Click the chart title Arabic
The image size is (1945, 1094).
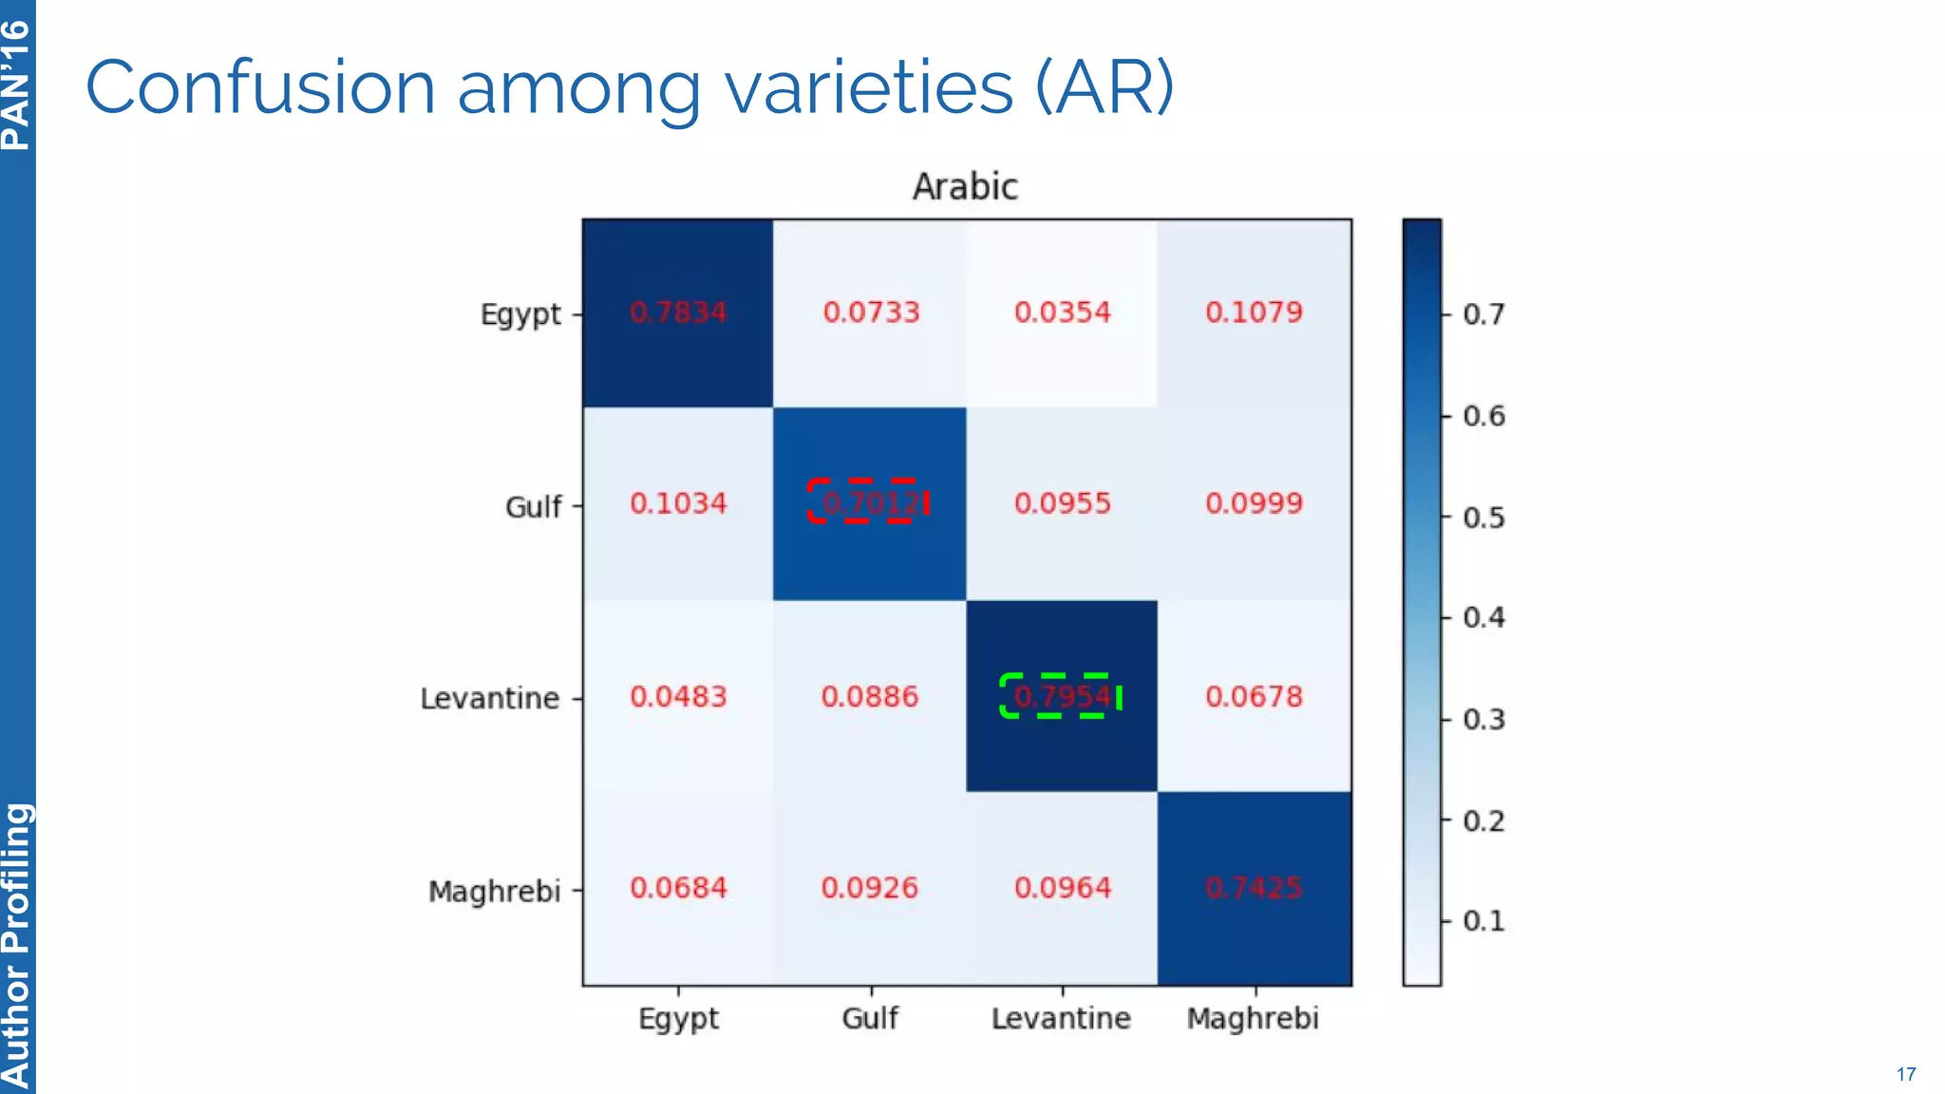[x=965, y=186]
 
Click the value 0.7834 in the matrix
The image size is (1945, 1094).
[x=678, y=312]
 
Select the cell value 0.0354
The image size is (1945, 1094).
[x=1062, y=312]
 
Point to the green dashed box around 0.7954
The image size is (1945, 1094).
[x=1061, y=696]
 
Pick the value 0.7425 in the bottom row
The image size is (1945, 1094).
[x=1254, y=888]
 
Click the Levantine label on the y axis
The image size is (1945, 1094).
[x=490, y=699]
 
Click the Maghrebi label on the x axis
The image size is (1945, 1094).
[x=1253, y=1018]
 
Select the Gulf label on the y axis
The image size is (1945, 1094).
[x=533, y=506]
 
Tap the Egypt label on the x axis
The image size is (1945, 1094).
[x=678, y=1019]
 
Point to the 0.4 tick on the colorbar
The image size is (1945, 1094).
[x=1483, y=618]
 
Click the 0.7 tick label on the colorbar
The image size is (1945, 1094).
[x=1483, y=314]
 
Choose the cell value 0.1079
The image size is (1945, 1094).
[x=1254, y=312]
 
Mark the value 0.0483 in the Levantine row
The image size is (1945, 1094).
[x=678, y=697]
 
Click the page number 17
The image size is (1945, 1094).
[x=1905, y=1074]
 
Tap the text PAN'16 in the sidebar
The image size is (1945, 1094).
[x=16, y=85]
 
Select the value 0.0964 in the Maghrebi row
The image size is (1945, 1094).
[x=1062, y=888]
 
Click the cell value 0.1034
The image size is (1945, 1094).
[x=678, y=503]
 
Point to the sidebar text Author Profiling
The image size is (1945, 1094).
[x=16, y=945]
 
